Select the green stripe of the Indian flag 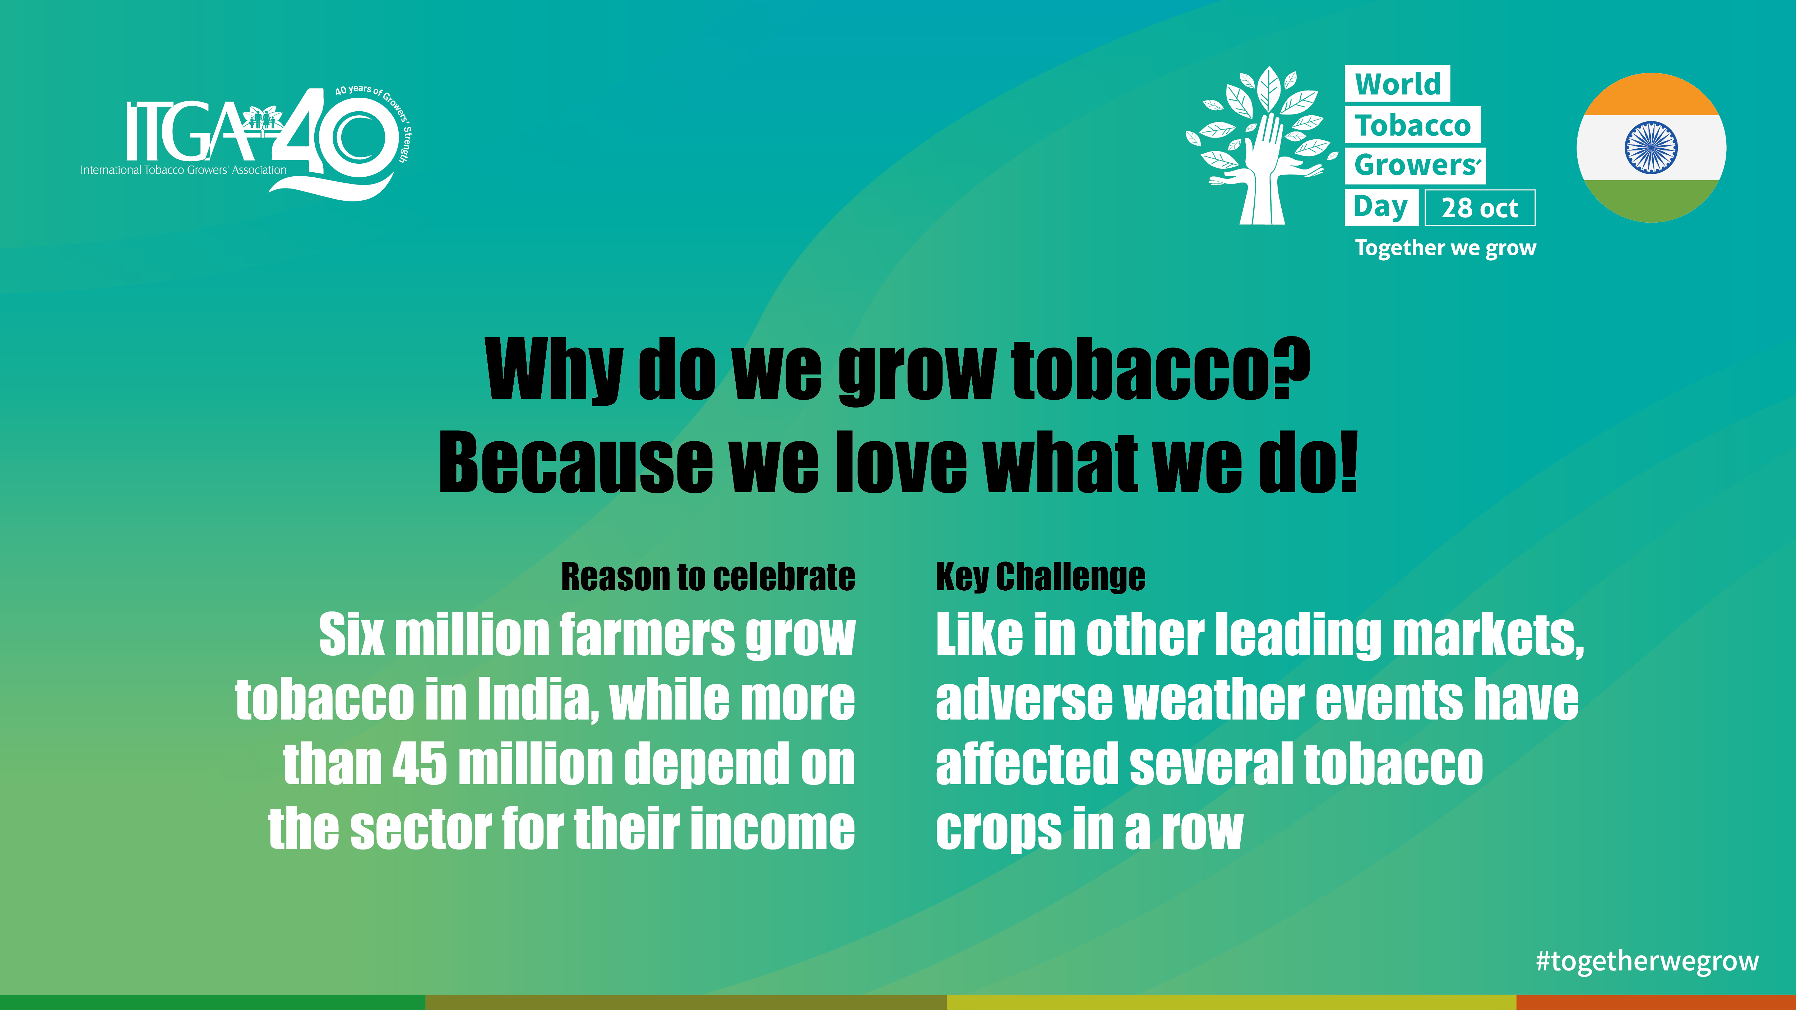pos(1651,201)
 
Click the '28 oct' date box pos(1480,208)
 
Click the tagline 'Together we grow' pos(1445,248)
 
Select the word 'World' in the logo pos(1397,84)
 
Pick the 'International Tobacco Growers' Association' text pos(183,170)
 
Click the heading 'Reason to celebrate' pos(708,577)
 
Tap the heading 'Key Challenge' pos(1040,577)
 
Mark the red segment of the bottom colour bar pos(1656,1002)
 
